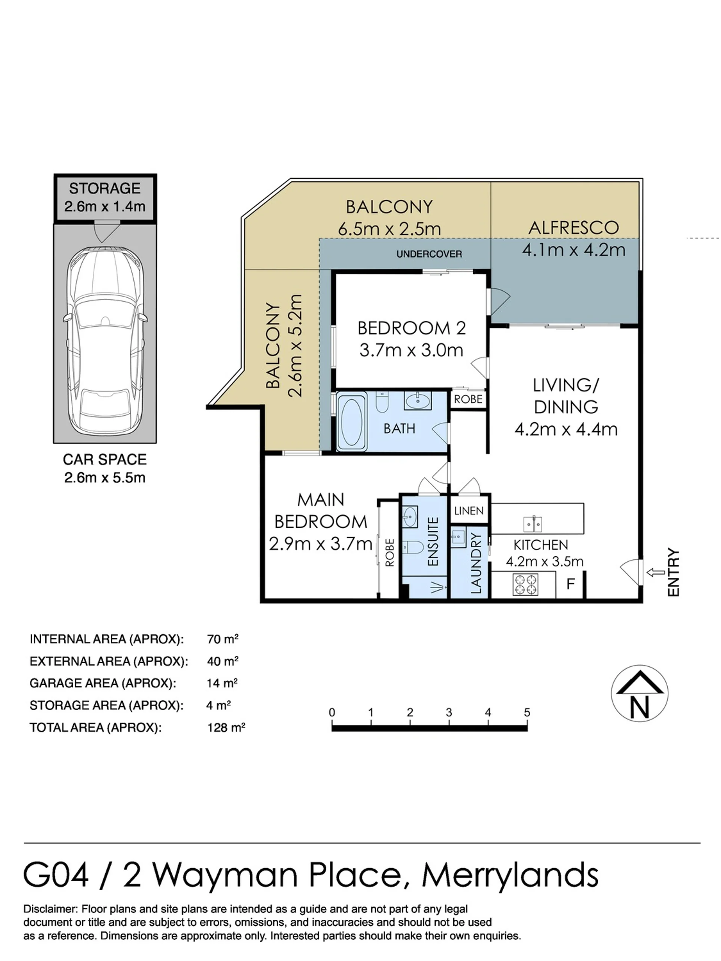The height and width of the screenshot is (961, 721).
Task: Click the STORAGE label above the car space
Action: click(105, 188)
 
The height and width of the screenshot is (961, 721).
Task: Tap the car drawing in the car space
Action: click(105, 341)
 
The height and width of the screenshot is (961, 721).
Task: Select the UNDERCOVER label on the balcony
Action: click(428, 254)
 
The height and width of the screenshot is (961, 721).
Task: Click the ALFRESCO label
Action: click(573, 227)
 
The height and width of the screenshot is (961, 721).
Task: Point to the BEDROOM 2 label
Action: click(411, 328)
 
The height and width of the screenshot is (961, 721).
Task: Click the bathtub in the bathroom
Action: click(351, 420)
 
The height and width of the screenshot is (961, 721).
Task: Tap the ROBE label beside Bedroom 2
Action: click(468, 399)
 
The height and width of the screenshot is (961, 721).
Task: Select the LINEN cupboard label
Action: click(469, 511)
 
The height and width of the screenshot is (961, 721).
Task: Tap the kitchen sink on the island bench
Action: click(532, 524)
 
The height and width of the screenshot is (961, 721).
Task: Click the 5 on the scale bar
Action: click(527, 712)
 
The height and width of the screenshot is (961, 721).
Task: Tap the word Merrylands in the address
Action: click(510, 875)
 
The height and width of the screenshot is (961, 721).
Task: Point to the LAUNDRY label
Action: click(476, 563)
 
